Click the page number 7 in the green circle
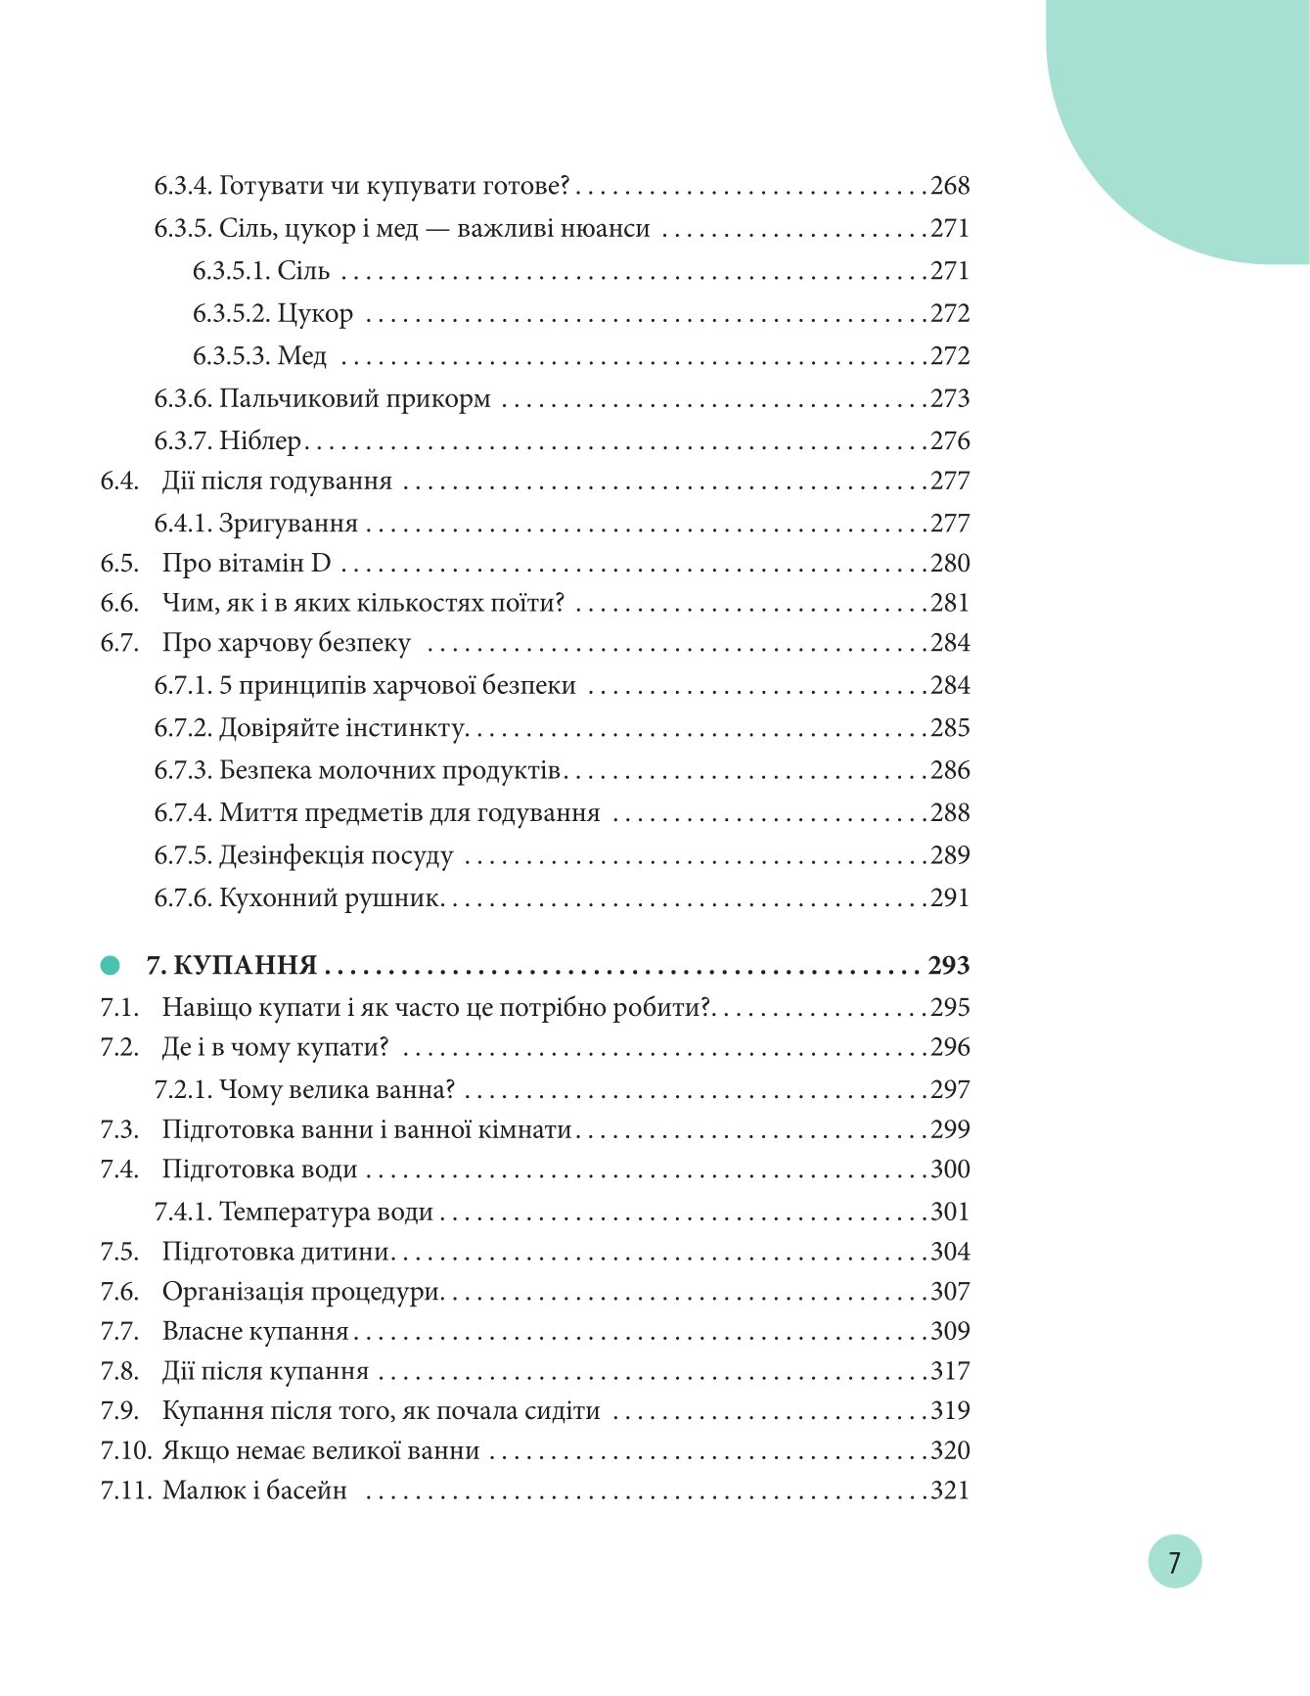pyautogui.click(x=1174, y=1561)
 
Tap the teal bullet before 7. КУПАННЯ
pyautogui.click(x=111, y=966)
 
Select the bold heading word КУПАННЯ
pyautogui.click(x=248, y=966)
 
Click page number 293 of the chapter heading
pyautogui.click(x=948, y=966)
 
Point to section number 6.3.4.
pyautogui.click(x=183, y=186)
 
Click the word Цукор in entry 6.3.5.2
pyautogui.click(x=315, y=314)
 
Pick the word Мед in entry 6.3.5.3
pyautogui.click(x=302, y=356)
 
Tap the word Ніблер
pyautogui.click(x=260, y=441)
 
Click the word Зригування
pyautogui.click(x=289, y=524)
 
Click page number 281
pyautogui.click(x=949, y=603)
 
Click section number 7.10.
pyautogui.click(x=125, y=1450)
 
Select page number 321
pyautogui.click(x=949, y=1490)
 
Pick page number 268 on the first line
pyautogui.click(x=949, y=186)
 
